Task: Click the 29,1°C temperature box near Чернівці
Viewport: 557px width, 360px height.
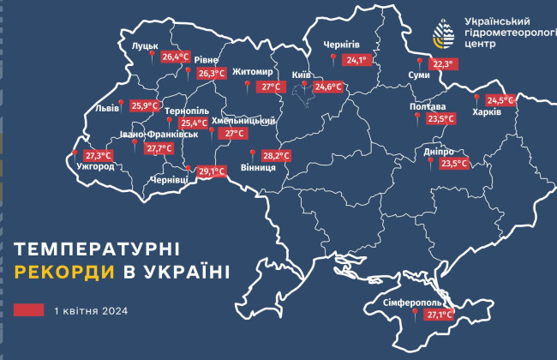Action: click(x=211, y=171)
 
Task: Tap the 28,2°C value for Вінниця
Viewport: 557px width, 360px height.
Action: click(x=276, y=156)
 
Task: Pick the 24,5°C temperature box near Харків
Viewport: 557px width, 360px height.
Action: click(x=500, y=99)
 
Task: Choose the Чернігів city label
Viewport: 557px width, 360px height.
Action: click(x=341, y=45)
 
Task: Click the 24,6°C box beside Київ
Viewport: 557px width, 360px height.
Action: click(x=328, y=87)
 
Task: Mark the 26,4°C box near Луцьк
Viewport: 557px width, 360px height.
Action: click(x=175, y=57)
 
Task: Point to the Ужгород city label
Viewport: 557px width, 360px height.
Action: click(x=94, y=166)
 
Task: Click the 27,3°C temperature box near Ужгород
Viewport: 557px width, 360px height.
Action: click(x=99, y=155)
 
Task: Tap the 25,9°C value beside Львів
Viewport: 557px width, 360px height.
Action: click(x=146, y=106)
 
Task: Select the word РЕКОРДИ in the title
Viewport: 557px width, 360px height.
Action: click(x=55, y=273)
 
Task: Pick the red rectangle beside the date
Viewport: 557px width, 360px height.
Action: click(x=29, y=310)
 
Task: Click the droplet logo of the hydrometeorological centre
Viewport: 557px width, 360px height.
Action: click(x=443, y=33)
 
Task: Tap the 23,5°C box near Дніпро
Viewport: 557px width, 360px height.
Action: click(x=454, y=163)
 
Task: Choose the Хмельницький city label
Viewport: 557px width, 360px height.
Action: click(x=243, y=122)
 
